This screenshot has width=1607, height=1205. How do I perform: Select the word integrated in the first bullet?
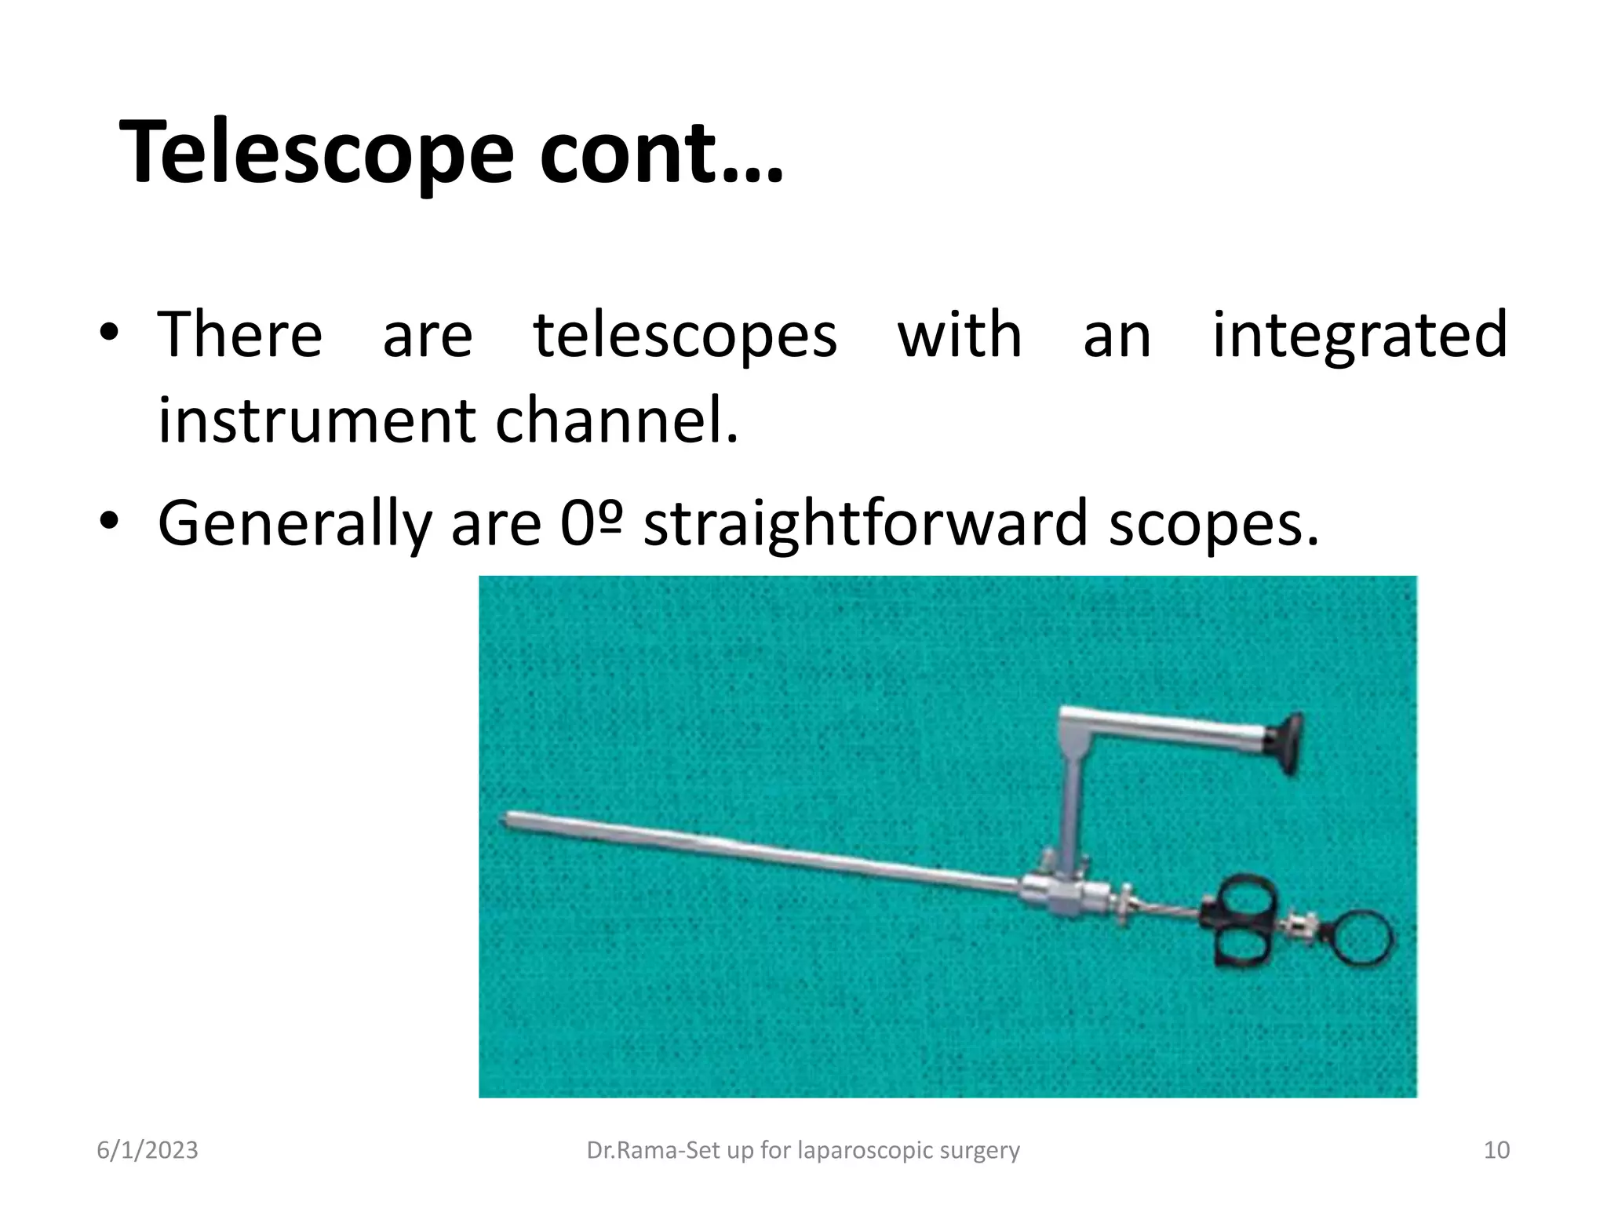(x=1359, y=335)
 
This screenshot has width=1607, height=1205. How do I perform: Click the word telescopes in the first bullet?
(x=685, y=335)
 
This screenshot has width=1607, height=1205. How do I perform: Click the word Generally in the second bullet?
(x=294, y=523)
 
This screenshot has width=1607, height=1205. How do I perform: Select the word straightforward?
(x=865, y=523)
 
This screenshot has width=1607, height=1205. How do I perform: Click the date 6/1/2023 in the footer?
(x=148, y=1150)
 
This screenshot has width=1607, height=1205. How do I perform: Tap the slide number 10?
(x=1496, y=1150)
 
